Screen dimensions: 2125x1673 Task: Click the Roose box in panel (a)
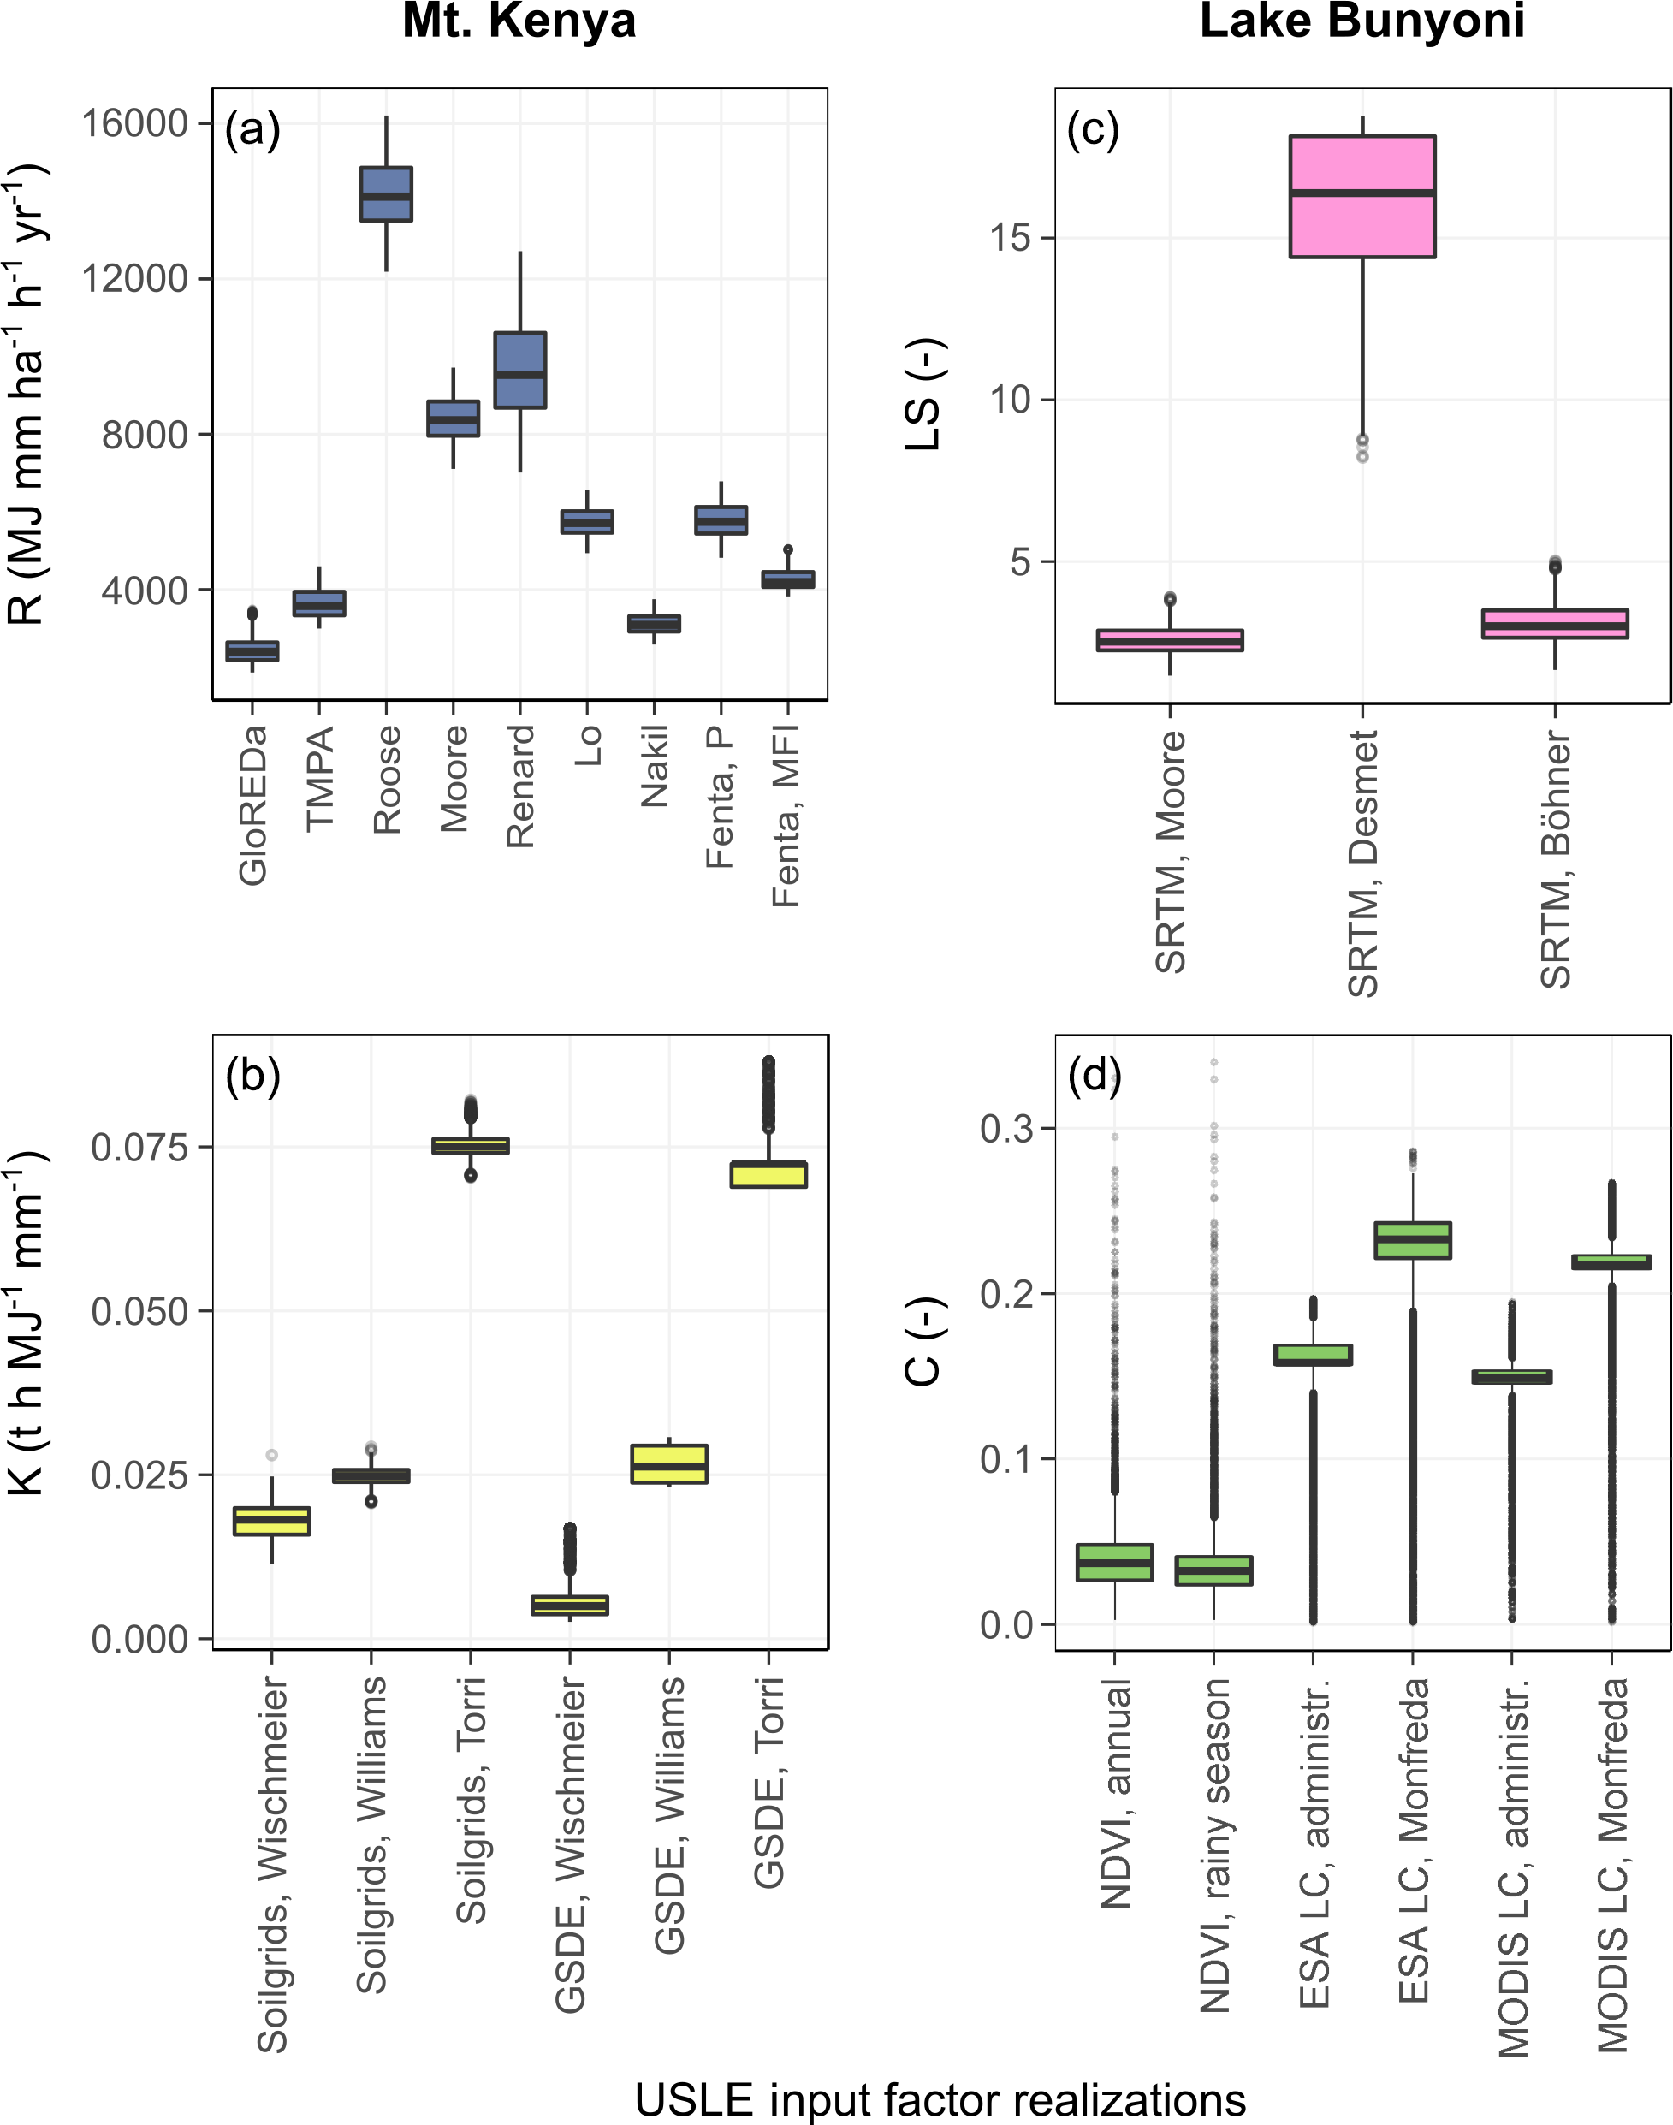[386, 194]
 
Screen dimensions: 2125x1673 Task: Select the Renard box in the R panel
[520, 371]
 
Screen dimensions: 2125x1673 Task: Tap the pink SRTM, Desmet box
[1362, 197]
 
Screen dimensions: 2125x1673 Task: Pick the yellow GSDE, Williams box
[669, 1463]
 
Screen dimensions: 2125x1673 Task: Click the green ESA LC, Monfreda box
[1413, 1240]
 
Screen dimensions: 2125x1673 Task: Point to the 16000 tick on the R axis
[134, 123]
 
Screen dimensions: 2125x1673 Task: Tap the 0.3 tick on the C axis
[1007, 1129]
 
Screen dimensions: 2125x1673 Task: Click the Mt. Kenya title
[519, 21]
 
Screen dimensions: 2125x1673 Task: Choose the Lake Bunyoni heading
[1362, 21]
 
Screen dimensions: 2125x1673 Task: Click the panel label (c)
[1093, 130]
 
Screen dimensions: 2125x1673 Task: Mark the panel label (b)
[252, 1076]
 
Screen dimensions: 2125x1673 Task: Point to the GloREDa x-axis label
[252, 805]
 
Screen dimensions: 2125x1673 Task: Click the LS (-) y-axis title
[923, 395]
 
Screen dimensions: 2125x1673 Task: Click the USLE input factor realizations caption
[940, 2100]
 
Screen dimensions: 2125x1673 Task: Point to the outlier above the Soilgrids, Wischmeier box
[271, 1455]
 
